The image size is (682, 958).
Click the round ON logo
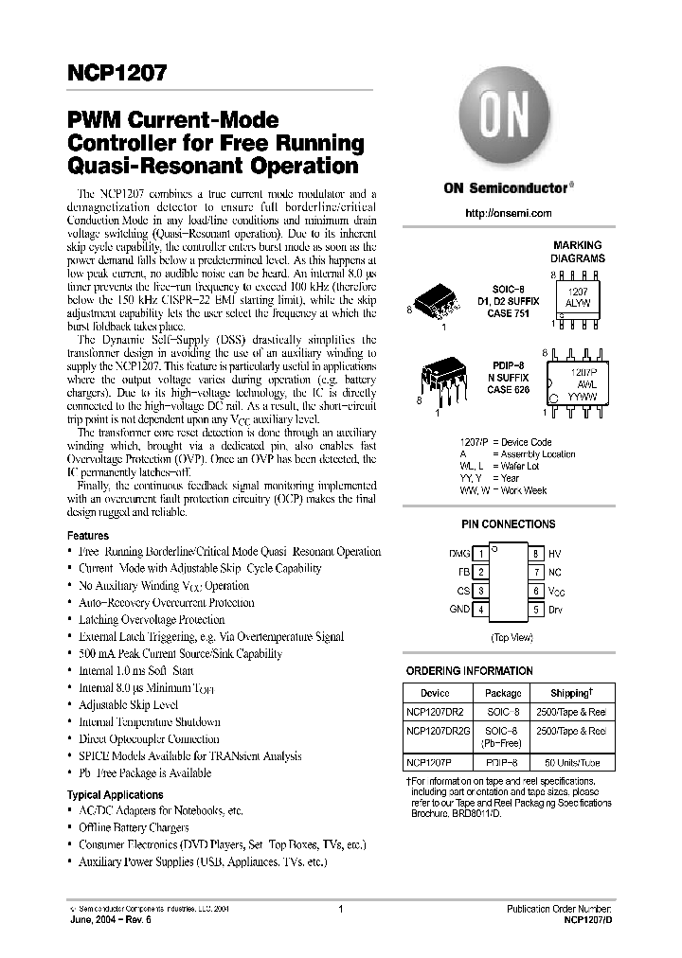[x=499, y=123]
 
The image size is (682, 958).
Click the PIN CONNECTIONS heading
[x=509, y=523]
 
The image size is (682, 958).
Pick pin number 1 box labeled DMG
[x=480, y=553]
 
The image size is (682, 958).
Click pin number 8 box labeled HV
[x=536, y=553]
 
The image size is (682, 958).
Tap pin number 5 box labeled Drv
[x=536, y=610]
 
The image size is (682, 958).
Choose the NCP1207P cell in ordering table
[x=428, y=762]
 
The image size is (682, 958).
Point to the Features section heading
[x=88, y=535]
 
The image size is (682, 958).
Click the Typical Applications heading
[x=116, y=795]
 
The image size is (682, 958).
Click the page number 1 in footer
[x=340, y=909]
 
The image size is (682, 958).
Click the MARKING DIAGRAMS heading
[x=577, y=251]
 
